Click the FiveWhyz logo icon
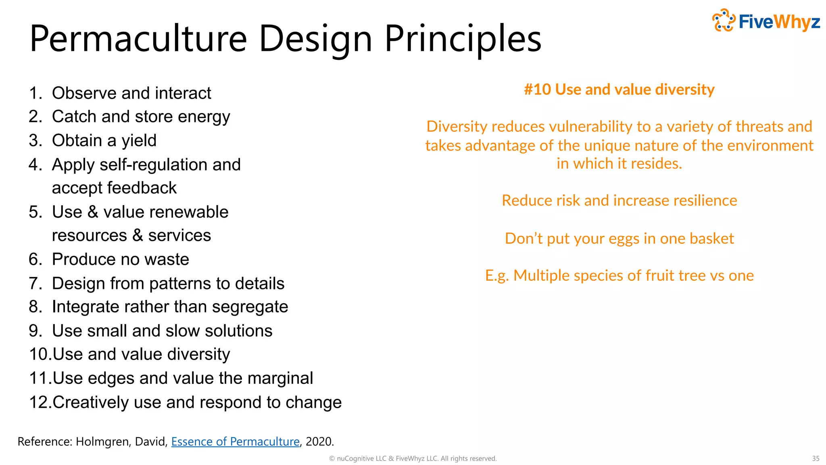coord(724,20)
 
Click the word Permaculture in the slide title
coord(138,39)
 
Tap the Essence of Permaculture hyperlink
coord(235,442)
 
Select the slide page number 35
coord(816,459)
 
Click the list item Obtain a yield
coord(104,140)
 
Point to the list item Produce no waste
coord(120,259)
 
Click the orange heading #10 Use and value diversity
coord(619,89)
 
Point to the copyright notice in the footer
coord(413,459)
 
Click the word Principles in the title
coord(463,39)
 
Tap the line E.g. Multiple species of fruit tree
coord(619,276)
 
